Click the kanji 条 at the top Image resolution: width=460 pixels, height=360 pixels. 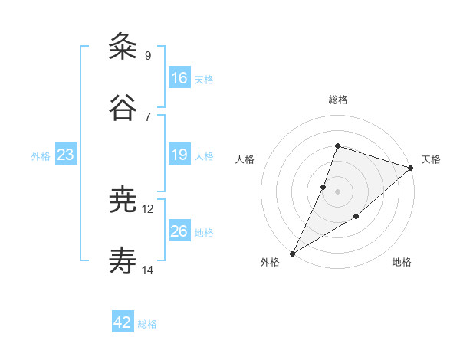[x=123, y=47]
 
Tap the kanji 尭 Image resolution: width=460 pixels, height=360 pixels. [x=123, y=201]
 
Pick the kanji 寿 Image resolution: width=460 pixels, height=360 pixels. [x=123, y=261]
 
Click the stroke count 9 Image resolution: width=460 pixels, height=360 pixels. [x=148, y=55]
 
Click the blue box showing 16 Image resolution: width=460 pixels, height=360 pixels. [x=179, y=78]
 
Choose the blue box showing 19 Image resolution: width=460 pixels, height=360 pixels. [x=179, y=155]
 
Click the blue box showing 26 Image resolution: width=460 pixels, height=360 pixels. [x=179, y=231]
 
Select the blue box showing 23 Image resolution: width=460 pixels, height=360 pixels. [x=66, y=155]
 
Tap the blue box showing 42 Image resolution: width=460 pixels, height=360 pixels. [x=123, y=322]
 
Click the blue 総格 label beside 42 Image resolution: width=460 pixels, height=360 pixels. [x=148, y=324]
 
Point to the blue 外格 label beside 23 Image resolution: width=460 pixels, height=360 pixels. [x=41, y=156]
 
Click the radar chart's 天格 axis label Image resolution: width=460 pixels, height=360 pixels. [x=431, y=159]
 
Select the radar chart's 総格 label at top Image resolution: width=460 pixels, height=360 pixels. [x=337, y=100]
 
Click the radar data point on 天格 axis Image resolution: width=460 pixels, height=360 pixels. [x=411, y=168]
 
